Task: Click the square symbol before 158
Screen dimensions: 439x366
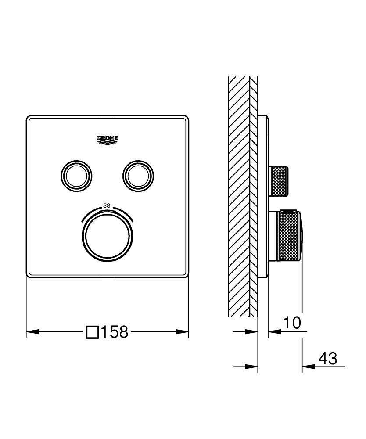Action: click(x=92, y=332)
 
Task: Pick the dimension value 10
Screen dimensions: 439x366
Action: click(x=291, y=323)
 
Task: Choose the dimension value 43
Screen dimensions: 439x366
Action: click(x=327, y=359)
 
